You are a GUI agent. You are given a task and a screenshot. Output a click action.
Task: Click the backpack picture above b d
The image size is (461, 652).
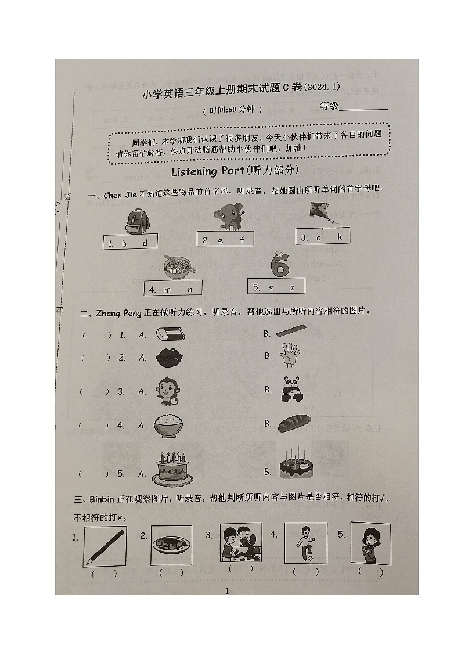pyautogui.click(x=137, y=222)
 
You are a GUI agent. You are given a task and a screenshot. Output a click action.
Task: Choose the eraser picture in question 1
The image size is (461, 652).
pyautogui.click(x=170, y=334)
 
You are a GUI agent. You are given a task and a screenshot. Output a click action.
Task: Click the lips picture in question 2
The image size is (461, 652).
pyautogui.click(x=170, y=356)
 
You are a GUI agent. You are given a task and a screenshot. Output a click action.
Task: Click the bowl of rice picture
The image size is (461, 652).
pyautogui.click(x=169, y=426)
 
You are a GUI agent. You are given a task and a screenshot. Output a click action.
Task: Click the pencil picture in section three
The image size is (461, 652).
pyautogui.click(x=105, y=547)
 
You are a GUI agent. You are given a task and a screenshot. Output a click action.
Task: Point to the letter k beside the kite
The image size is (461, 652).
pyautogui.click(x=340, y=237)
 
